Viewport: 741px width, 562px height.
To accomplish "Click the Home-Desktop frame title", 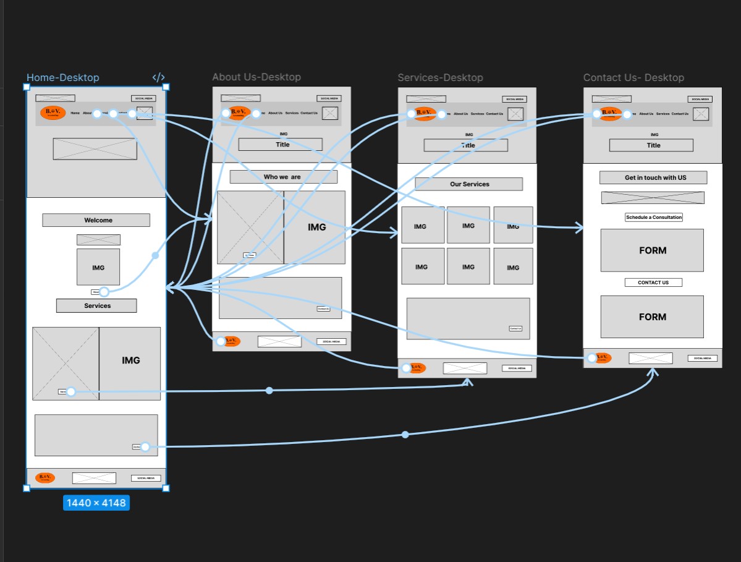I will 62,78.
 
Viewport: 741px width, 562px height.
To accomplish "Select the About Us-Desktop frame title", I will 256,77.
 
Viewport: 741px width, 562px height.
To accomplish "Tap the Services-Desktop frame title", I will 440,78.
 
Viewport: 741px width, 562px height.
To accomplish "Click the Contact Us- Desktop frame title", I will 633,78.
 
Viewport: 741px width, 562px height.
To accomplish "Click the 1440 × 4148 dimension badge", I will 96,503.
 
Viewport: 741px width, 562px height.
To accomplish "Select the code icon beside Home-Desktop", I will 158,78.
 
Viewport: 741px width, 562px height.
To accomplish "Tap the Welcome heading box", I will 96,220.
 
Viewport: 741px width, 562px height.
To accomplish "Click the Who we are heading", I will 283,177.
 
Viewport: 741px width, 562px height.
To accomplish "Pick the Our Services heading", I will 468,184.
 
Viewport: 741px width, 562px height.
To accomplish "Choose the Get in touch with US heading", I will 653,177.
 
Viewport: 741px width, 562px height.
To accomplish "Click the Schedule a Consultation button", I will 653,218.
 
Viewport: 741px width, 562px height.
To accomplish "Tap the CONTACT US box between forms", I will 653,283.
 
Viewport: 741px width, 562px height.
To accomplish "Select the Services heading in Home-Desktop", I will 96,305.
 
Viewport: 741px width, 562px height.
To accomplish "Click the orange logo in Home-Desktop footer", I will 45,477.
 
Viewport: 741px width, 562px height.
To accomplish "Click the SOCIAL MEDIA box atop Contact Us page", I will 700,99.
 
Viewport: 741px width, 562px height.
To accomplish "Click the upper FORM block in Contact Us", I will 652,250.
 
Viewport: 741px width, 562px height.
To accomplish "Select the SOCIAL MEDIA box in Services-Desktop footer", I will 517,368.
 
